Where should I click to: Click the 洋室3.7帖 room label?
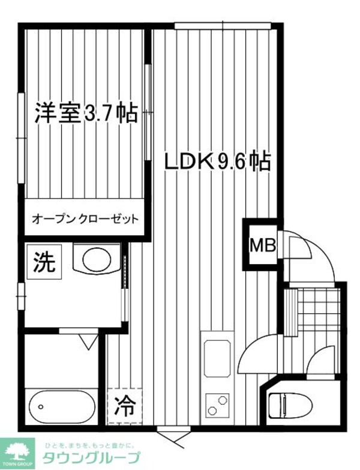click(86, 113)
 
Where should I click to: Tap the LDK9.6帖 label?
click(217, 161)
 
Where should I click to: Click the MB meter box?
click(262, 246)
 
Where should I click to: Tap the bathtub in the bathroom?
click(61, 408)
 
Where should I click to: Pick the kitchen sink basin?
click(217, 358)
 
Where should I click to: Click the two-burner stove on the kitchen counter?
click(217, 405)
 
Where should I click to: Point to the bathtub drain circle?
click(40, 407)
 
